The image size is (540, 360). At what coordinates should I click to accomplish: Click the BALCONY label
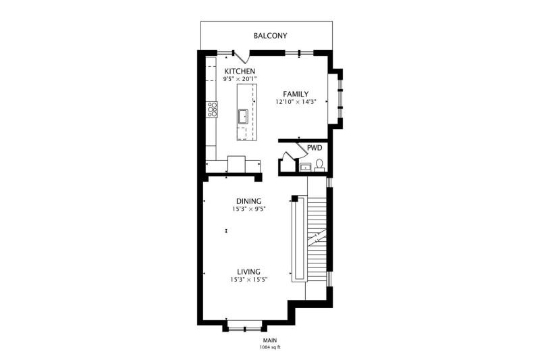(271, 36)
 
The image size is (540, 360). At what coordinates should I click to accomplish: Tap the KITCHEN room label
(240, 72)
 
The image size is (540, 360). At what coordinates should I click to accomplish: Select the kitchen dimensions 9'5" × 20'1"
(240, 79)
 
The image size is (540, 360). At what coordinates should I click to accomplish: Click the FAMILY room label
(296, 94)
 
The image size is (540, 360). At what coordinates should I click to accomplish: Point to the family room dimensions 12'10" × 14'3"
(296, 101)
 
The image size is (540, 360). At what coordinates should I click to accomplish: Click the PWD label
(315, 148)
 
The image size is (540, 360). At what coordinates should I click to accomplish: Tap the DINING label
(248, 201)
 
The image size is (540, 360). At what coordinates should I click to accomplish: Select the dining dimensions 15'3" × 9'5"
(248, 209)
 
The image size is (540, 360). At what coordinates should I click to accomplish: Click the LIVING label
(248, 272)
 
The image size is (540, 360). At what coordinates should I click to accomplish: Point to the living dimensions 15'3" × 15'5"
(248, 280)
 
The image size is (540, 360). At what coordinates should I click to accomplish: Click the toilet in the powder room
(319, 165)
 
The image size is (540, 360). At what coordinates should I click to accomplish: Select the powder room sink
(305, 167)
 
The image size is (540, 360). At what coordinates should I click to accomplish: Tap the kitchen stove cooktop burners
(212, 109)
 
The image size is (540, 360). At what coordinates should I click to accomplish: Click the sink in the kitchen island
(244, 116)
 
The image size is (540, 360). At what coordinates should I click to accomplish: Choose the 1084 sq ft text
(270, 347)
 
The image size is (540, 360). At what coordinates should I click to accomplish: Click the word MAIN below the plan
(270, 340)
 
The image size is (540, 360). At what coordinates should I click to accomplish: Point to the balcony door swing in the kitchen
(243, 57)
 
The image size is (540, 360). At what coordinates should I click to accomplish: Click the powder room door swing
(302, 147)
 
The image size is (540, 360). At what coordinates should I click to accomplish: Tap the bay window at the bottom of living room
(244, 327)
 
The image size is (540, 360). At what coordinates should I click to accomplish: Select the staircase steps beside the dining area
(317, 239)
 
